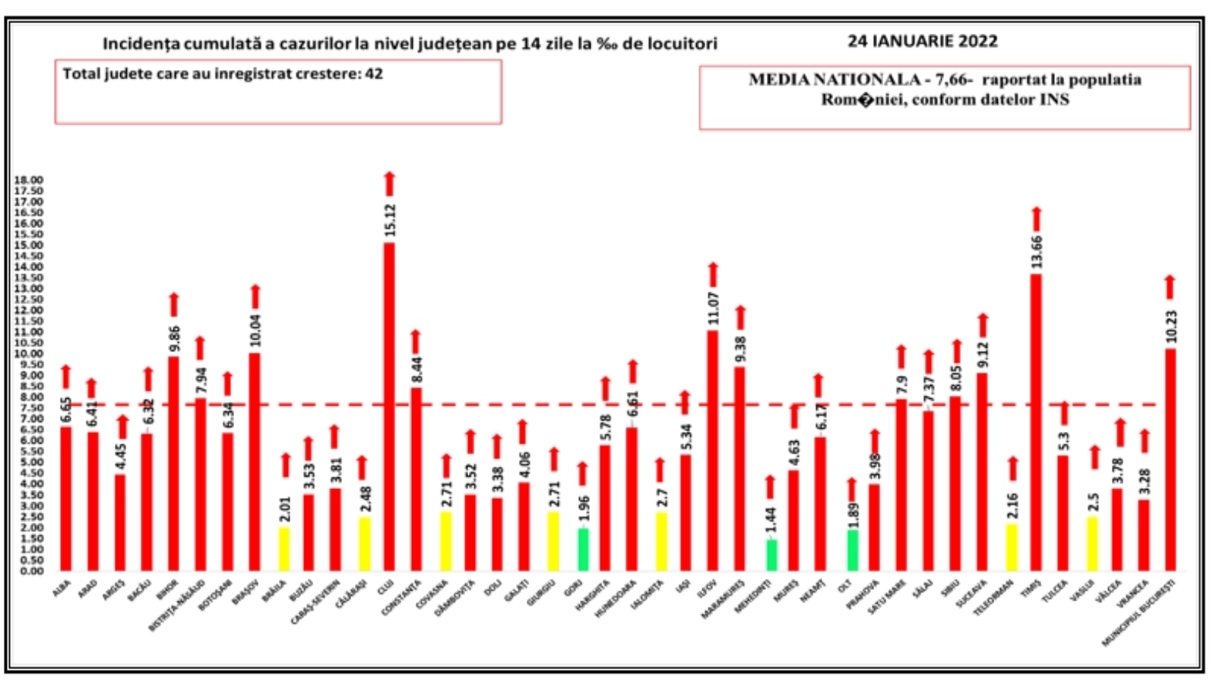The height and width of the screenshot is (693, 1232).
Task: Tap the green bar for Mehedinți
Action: point(772,555)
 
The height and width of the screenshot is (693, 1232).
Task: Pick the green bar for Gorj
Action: point(584,550)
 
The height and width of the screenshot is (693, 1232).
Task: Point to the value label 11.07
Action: point(713,308)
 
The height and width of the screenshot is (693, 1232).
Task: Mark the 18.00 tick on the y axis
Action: point(28,180)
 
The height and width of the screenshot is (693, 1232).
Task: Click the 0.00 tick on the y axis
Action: point(28,571)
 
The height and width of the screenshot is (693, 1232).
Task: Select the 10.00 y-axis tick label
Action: point(28,353)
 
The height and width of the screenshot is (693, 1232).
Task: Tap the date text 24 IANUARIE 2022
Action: point(922,42)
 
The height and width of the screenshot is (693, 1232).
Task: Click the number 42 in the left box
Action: point(374,74)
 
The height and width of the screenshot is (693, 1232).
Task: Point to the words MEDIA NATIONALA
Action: point(834,79)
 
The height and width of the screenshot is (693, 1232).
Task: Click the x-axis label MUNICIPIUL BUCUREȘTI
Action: point(1140,613)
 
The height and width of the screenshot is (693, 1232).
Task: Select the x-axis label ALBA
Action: point(62,589)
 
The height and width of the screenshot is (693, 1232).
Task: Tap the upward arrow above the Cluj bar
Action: point(390,183)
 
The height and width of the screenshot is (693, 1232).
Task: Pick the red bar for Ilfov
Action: point(713,450)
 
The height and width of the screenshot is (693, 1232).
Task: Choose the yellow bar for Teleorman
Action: point(1011,547)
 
